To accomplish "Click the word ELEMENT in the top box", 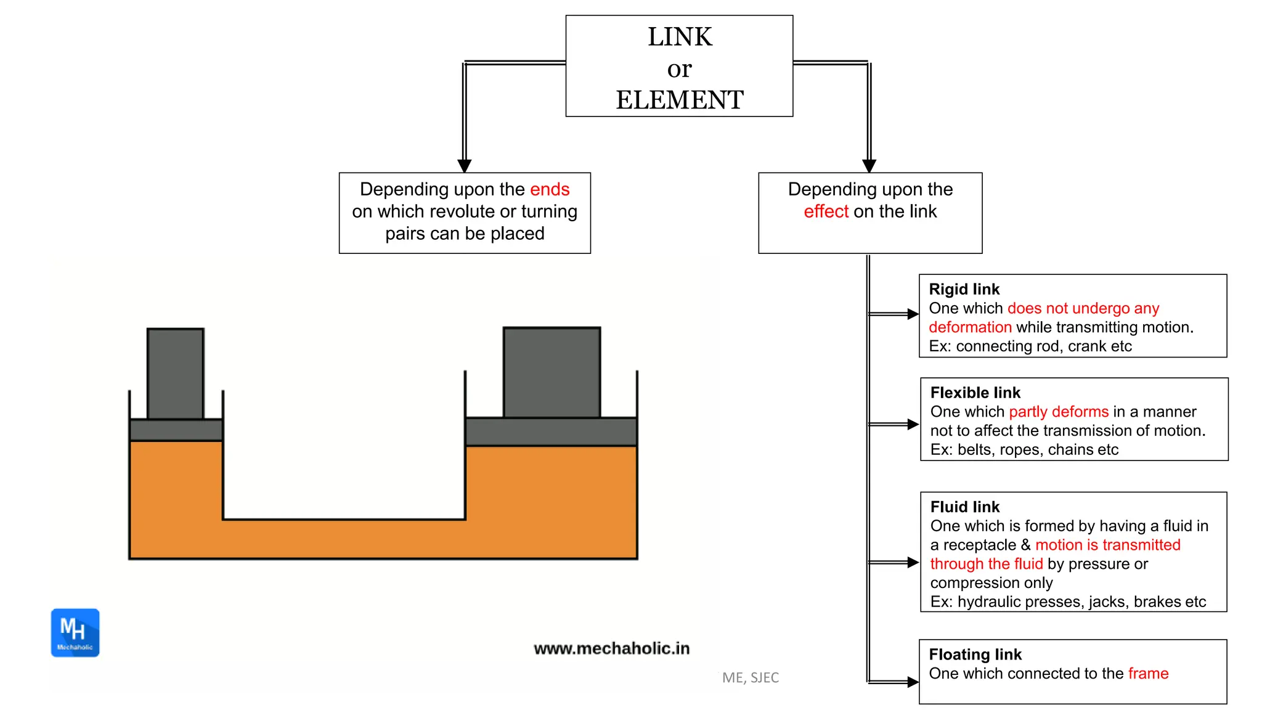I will [679, 100].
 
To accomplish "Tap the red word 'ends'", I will [550, 189].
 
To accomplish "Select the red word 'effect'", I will [826, 211].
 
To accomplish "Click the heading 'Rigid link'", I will [964, 289].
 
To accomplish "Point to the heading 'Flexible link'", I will [975, 393].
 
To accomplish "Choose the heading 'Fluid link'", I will [964, 507].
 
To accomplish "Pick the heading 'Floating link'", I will [975, 654].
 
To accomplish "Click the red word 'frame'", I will [1148, 673].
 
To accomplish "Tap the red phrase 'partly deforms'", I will [1058, 412].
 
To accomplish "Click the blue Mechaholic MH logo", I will [75, 632].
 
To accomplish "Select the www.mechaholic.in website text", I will [611, 648].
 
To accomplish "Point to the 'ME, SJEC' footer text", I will [750, 677].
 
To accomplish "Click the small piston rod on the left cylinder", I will [176, 373].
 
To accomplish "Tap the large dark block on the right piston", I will [552, 372].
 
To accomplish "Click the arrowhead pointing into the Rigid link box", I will [913, 314].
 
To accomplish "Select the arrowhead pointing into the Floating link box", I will [913, 682].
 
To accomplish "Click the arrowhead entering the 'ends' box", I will [465, 166].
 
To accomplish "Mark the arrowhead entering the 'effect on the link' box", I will [869, 166].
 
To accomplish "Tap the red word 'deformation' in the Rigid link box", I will [970, 327].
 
